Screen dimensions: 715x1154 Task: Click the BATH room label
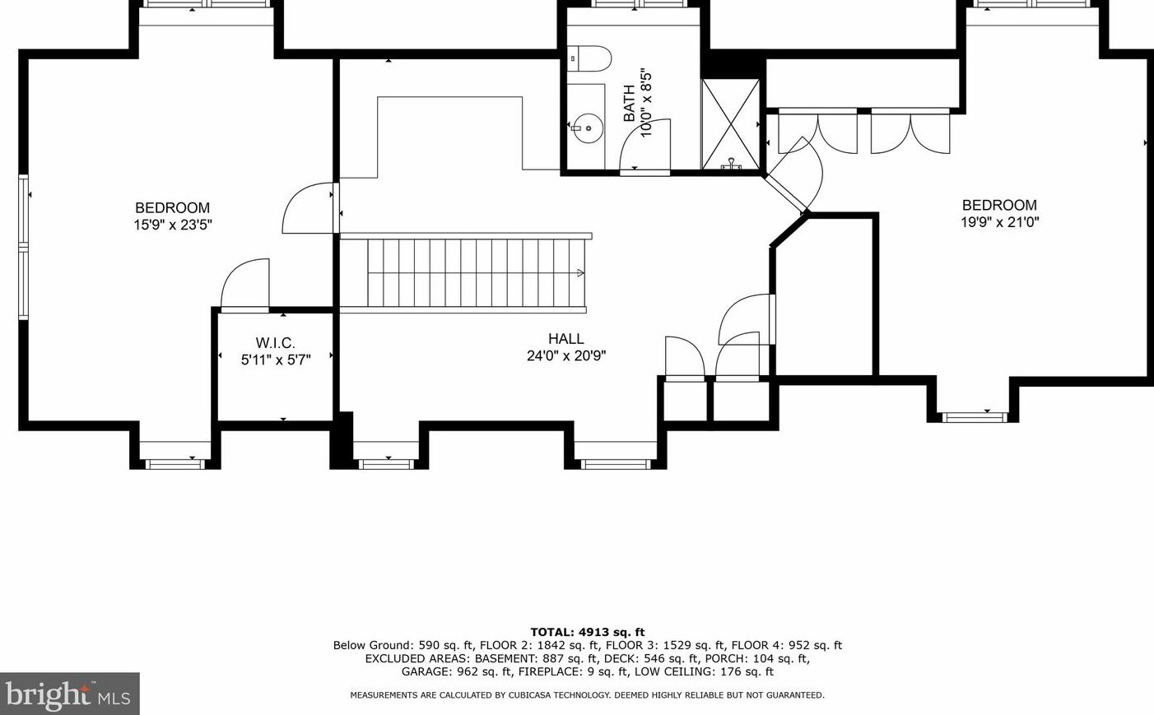(x=630, y=103)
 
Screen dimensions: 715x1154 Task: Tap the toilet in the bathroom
(x=593, y=58)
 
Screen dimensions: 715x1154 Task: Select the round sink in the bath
(x=588, y=128)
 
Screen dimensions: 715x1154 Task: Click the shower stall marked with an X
(x=730, y=123)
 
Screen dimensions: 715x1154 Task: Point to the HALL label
(x=566, y=339)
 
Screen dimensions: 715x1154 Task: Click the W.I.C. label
(x=275, y=343)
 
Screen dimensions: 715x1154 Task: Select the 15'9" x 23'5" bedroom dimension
(x=173, y=225)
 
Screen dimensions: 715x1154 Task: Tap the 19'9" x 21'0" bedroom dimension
(x=999, y=222)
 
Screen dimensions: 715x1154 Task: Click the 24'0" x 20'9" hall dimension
(x=566, y=356)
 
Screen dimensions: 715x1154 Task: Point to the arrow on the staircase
(x=580, y=273)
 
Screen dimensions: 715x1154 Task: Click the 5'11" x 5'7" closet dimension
(x=275, y=360)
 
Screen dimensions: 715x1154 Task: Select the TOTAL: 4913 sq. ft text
(x=587, y=632)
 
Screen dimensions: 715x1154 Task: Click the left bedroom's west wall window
(x=24, y=246)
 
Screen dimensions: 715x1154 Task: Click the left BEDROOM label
(x=173, y=208)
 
